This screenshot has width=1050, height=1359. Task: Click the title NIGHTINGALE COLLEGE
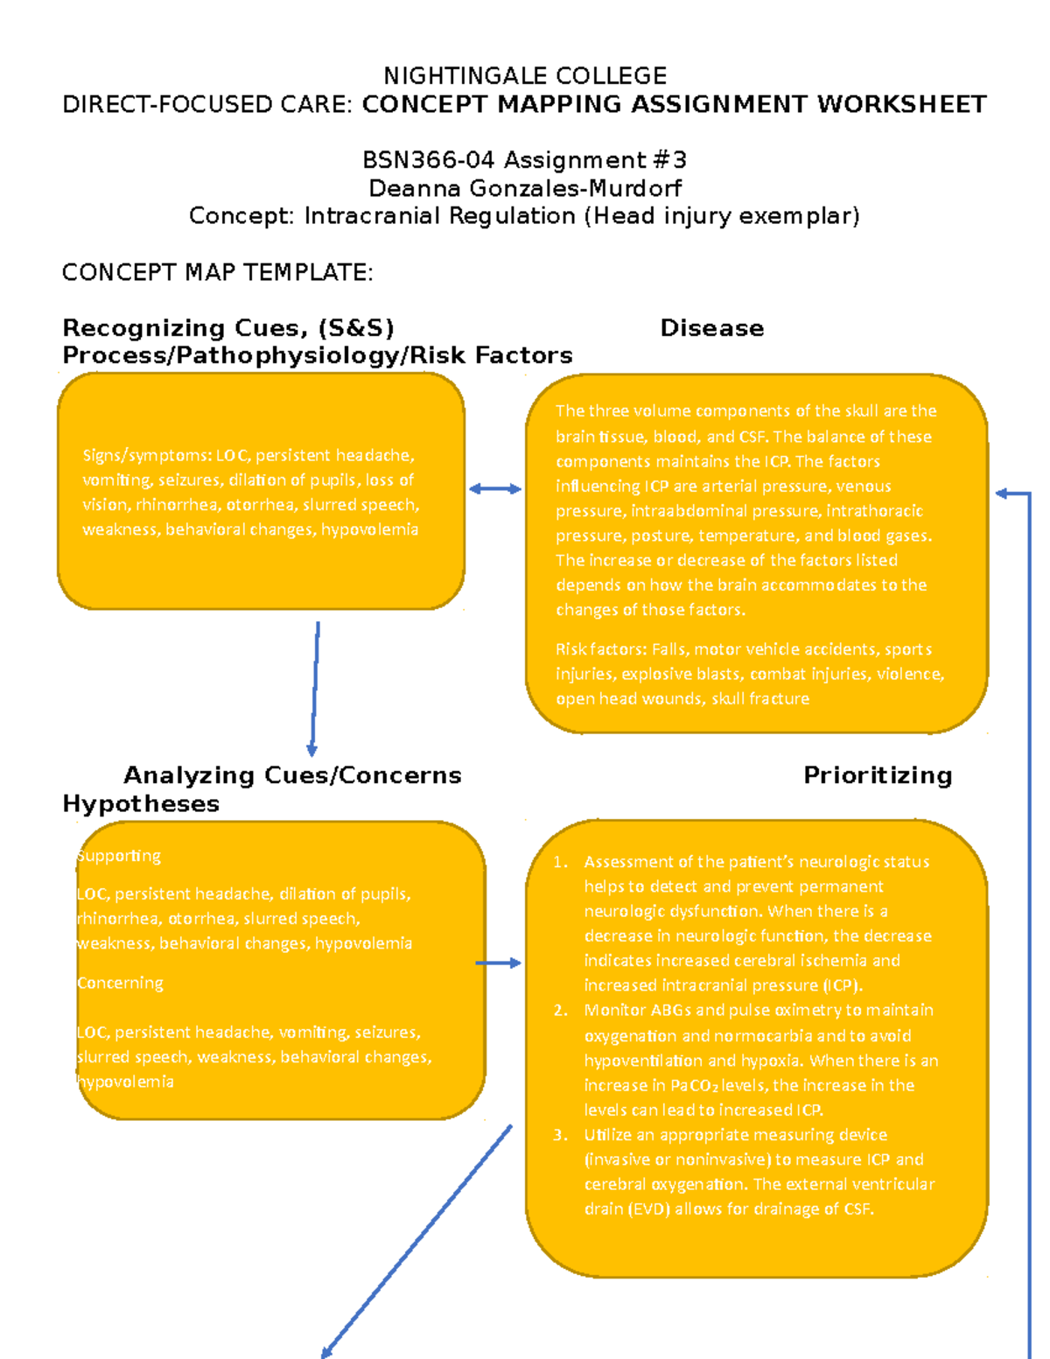(x=525, y=76)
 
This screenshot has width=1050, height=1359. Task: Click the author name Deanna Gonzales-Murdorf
(x=525, y=188)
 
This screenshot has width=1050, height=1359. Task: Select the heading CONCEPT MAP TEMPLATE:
(x=217, y=273)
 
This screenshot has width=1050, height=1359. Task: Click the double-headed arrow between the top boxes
(x=495, y=489)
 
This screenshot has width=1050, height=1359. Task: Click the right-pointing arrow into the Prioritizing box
(x=498, y=963)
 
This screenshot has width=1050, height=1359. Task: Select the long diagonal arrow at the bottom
(x=416, y=1241)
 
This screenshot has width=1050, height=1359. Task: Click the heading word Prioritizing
(x=878, y=775)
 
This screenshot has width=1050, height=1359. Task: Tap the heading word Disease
(x=711, y=328)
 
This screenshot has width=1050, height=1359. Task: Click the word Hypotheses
(x=141, y=804)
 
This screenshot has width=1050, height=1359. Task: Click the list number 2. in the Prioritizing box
(x=561, y=1011)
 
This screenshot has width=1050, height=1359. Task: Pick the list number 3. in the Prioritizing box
(x=561, y=1135)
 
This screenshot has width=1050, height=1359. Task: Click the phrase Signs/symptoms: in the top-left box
(x=147, y=455)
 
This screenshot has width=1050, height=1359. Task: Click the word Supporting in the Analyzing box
(x=120, y=856)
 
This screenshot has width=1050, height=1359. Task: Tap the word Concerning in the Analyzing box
(x=120, y=983)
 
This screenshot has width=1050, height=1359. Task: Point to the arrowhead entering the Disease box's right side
(x=1003, y=494)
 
